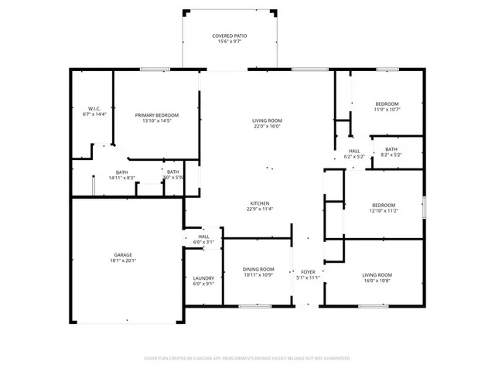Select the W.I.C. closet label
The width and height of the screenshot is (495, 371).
coord(94,108)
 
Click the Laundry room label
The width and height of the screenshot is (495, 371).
coord(203,277)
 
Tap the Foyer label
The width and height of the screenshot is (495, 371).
coord(308,271)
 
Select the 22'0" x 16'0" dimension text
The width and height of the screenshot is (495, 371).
coord(267,127)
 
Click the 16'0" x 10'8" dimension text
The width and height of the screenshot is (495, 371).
coord(377,281)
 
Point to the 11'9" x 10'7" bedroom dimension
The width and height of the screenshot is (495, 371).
coord(387,110)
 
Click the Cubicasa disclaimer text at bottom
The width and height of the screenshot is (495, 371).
coord(247,359)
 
